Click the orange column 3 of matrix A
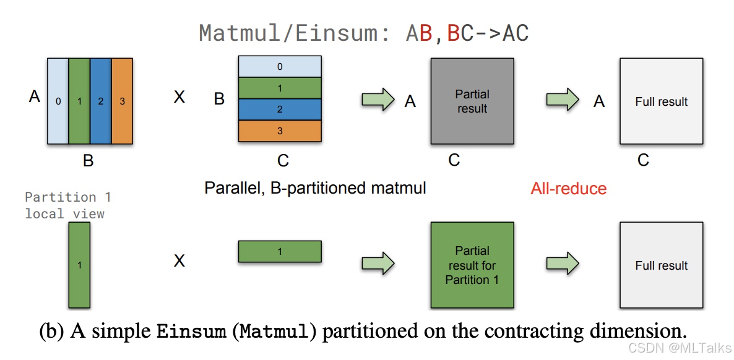[122, 101]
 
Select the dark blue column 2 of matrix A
[100, 101]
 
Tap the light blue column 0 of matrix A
[58, 101]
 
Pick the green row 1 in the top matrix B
[280, 87]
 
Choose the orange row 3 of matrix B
[280, 131]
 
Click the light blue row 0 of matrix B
[280, 66]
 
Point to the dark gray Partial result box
[472, 101]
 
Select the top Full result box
[661, 101]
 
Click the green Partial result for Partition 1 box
[472, 265]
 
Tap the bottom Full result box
[661, 265]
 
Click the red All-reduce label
[568, 189]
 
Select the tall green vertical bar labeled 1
[79, 265]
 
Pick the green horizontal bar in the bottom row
[280, 252]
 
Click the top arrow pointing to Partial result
[378, 100]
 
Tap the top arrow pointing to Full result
[562, 100]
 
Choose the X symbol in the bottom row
[179, 261]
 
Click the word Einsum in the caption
[191, 331]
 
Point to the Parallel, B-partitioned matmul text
[315, 188]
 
